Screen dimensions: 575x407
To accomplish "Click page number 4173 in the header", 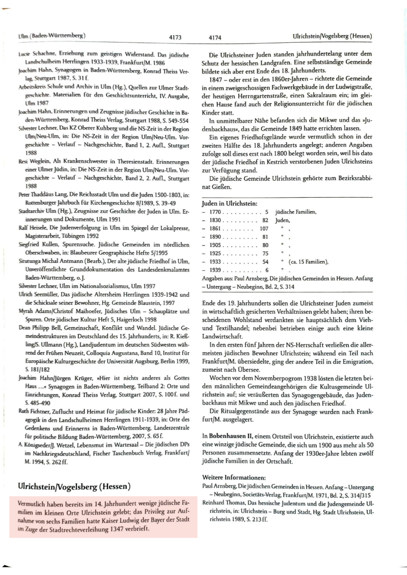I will (175, 37).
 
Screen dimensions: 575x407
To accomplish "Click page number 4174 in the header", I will (214, 37).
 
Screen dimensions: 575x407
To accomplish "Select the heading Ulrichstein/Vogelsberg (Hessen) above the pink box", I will (74, 487).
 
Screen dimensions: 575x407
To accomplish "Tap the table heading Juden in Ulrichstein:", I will (230, 203).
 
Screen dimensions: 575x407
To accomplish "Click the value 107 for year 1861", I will (264, 229).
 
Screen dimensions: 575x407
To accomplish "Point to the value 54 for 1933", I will (265, 262).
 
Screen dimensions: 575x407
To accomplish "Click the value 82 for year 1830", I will (265, 220).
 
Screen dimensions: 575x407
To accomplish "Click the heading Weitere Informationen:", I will (234, 478).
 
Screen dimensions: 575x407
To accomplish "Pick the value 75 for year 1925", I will (265, 253).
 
